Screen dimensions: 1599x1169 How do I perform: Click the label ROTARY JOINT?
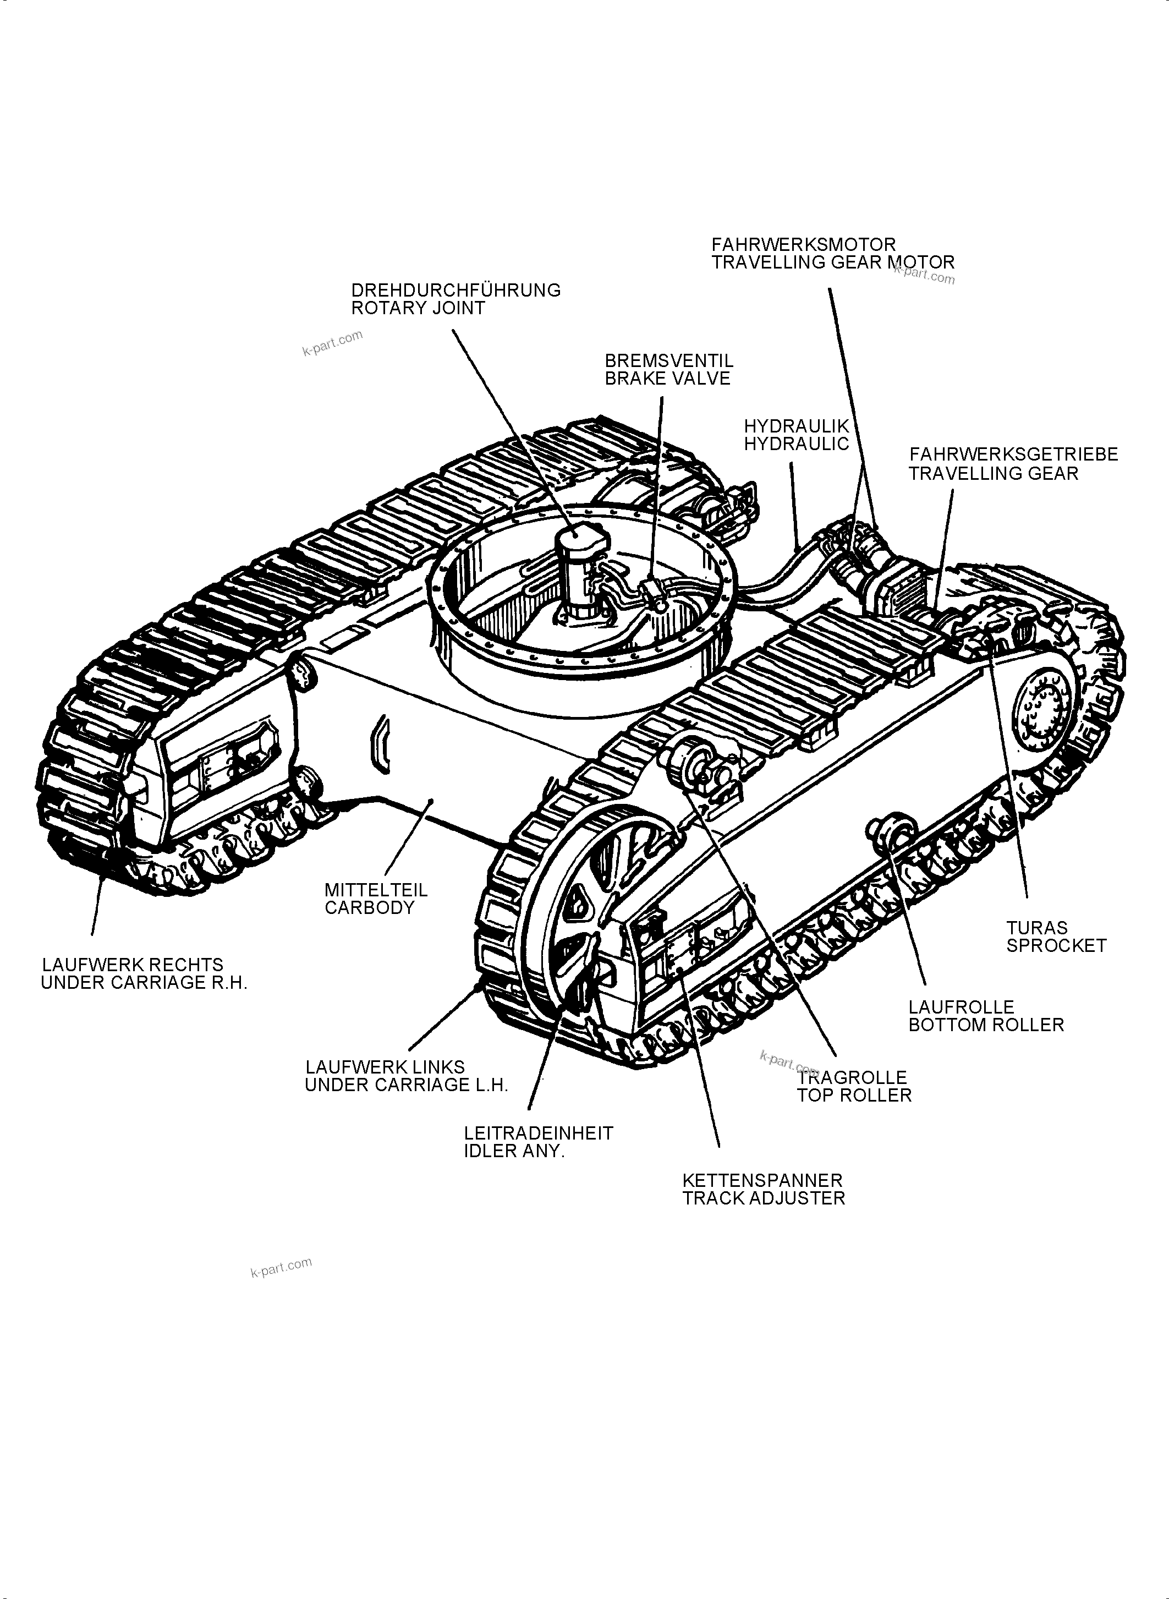coord(418,308)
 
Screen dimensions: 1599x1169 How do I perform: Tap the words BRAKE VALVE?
coord(667,379)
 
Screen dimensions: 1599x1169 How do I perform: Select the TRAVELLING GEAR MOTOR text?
coord(832,262)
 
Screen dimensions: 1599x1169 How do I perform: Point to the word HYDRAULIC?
coord(795,444)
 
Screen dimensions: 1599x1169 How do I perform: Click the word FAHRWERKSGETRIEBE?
coord(1013,454)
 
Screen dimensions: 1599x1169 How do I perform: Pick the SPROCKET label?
coord(1056,946)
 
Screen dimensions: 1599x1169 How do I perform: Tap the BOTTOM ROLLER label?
coord(986,1025)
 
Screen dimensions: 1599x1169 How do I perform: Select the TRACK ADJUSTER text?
coord(763,1198)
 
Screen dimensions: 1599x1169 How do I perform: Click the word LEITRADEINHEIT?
coord(539,1133)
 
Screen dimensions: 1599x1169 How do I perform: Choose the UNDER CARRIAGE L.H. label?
coord(406,1085)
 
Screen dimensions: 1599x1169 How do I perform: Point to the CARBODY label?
coord(369,908)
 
